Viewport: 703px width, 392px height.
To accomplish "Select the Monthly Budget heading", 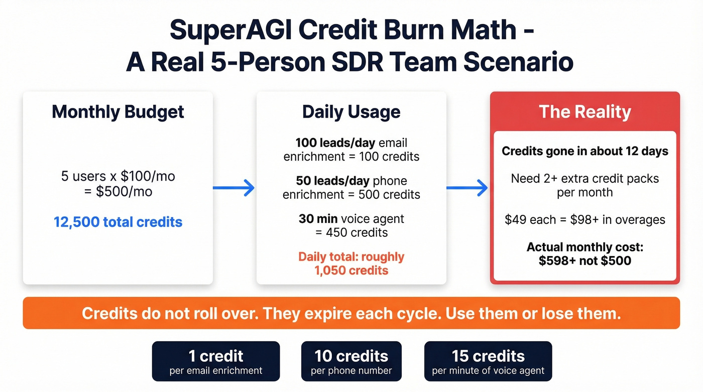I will pyautogui.click(x=118, y=111).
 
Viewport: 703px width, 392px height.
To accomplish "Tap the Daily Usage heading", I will pyautogui.click(x=351, y=112).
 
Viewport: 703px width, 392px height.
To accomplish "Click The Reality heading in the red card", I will pyautogui.click(x=584, y=111).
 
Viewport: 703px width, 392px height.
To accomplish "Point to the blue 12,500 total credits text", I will pyautogui.click(x=118, y=222).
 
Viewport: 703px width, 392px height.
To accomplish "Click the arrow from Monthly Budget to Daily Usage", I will pyautogui.click(x=234, y=188).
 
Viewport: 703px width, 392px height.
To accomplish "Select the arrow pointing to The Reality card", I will pyautogui.click(x=467, y=188).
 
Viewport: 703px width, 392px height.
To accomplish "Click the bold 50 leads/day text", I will pyautogui.click(x=332, y=181).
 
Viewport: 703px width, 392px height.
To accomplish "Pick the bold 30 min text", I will pyautogui.click(x=318, y=219).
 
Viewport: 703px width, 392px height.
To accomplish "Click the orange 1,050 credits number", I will pyautogui.click(x=351, y=271).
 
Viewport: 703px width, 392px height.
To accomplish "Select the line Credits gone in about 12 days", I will pyautogui.click(x=585, y=151).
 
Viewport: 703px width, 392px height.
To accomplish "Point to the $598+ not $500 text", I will pyautogui.click(x=585, y=260).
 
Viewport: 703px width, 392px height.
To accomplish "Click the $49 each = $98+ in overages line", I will pyautogui.click(x=585, y=219).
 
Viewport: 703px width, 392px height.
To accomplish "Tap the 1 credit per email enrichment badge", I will pyautogui.click(x=215, y=361).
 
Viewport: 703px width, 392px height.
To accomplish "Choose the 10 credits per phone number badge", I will pyautogui.click(x=351, y=361).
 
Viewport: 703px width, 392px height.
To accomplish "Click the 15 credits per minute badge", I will pyautogui.click(x=488, y=361).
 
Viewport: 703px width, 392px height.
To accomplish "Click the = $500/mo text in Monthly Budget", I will pyautogui.click(x=118, y=191).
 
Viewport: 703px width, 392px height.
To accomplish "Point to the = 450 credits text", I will pyautogui.click(x=351, y=232).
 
